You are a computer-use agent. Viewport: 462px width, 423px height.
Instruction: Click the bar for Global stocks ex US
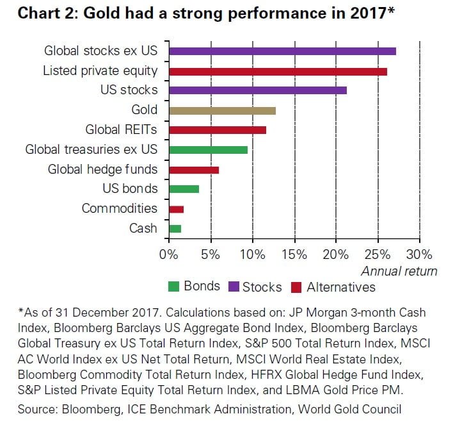tap(282, 51)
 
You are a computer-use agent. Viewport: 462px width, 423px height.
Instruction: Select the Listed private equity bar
tap(277, 71)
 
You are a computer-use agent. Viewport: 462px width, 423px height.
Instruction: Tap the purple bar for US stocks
tap(257, 90)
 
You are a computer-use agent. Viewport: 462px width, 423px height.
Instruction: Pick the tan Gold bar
tap(221, 110)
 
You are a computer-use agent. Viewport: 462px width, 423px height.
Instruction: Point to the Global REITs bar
tap(217, 130)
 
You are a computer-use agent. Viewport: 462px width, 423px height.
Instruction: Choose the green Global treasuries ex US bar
tap(207, 149)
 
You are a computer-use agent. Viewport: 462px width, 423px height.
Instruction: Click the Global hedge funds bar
tap(193, 169)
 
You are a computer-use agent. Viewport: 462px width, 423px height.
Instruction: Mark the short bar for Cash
tap(174, 228)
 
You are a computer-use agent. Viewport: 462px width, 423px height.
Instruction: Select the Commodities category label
tap(119, 208)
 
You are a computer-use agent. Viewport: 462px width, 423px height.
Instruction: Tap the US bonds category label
tap(129, 189)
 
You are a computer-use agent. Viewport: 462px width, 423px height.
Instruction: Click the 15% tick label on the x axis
tap(294, 253)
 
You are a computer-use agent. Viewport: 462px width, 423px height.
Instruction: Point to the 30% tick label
tap(420, 253)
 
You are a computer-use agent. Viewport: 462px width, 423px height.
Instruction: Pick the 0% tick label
tap(168, 253)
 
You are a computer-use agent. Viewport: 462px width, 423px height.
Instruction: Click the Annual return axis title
tap(399, 270)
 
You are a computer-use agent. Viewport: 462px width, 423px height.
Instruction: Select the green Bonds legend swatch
tap(173, 287)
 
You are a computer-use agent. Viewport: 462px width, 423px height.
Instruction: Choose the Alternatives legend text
tap(340, 287)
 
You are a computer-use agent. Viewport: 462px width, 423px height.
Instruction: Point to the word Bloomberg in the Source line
tap(93, 409)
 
